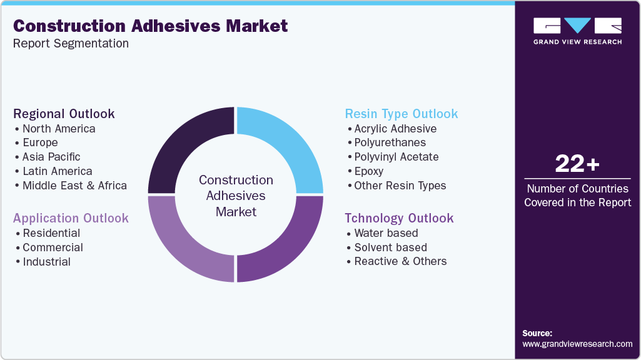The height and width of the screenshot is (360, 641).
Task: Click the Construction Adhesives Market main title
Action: click(150, 26)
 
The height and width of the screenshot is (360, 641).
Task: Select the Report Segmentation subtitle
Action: click(71, 44)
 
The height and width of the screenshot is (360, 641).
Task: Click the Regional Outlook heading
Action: click(64, 114)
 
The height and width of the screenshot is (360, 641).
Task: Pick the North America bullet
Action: click(59, 129)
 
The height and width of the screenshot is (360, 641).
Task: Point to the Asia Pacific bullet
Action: click(51, 157)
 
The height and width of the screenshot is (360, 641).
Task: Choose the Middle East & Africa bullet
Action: click(74, 186)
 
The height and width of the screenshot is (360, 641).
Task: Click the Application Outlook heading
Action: click(71, 218)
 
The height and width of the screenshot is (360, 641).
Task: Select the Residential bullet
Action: click(51, 233)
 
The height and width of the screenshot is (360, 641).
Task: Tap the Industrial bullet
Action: click(46, 262)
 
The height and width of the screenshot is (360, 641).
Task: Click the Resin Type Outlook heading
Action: click(401, 114)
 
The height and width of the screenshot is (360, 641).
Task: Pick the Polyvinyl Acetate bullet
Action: click(396, 157)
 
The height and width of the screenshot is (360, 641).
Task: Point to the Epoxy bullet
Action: click(369, 171)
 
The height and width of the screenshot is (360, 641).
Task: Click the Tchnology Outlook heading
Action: click(399, 218)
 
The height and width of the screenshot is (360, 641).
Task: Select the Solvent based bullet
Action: click(391, 247)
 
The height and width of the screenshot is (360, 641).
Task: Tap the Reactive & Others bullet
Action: click(400, 262)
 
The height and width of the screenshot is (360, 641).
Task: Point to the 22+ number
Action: click(577, 164)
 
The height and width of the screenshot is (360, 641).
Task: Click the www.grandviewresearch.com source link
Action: click(577, 344)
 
